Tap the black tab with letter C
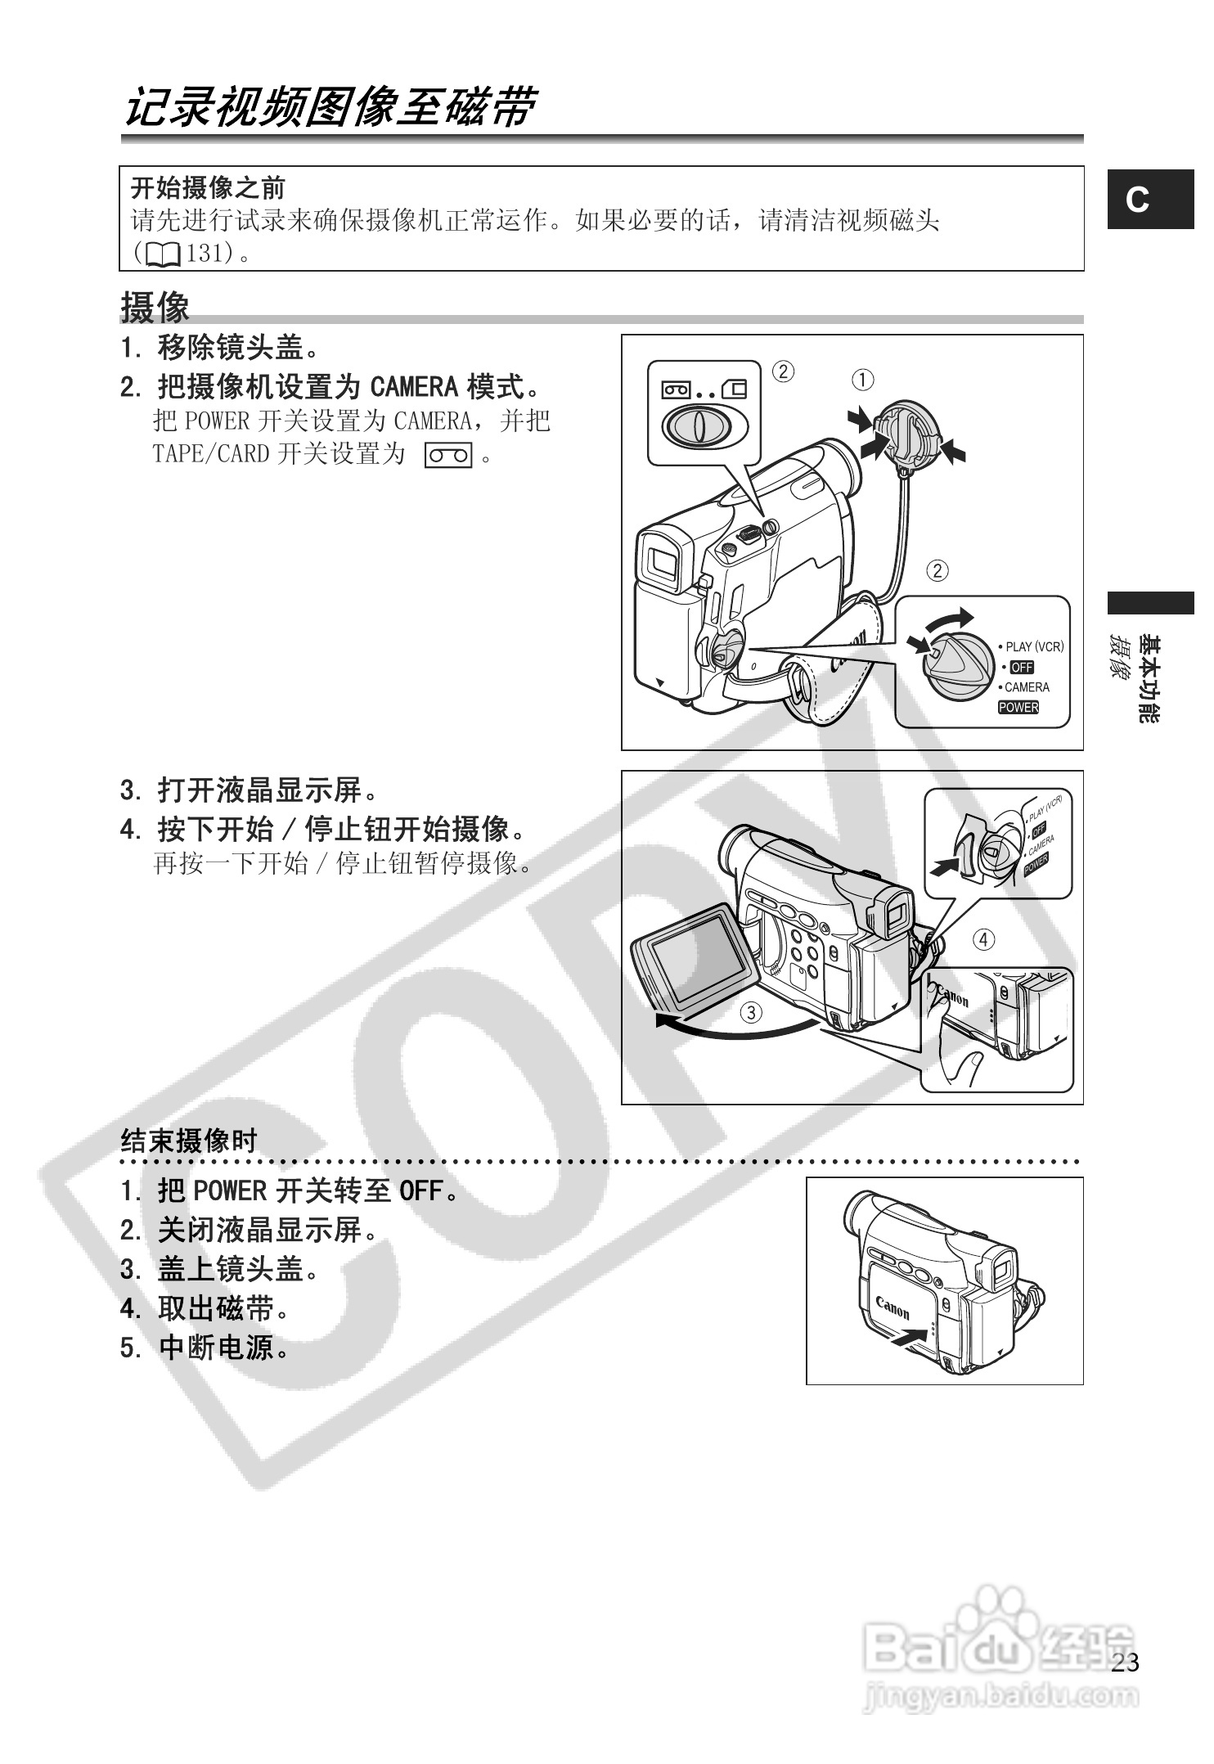coord(1149,200)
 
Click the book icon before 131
coord(164,255)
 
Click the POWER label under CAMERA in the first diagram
coord(1018,708)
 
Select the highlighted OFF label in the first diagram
coord(1022,668)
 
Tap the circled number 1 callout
coord(862,380)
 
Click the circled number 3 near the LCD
coord(750,1013)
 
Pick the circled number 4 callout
coord(983,939)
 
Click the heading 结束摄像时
coord(189,1140)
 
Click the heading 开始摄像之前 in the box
coord(208,189)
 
